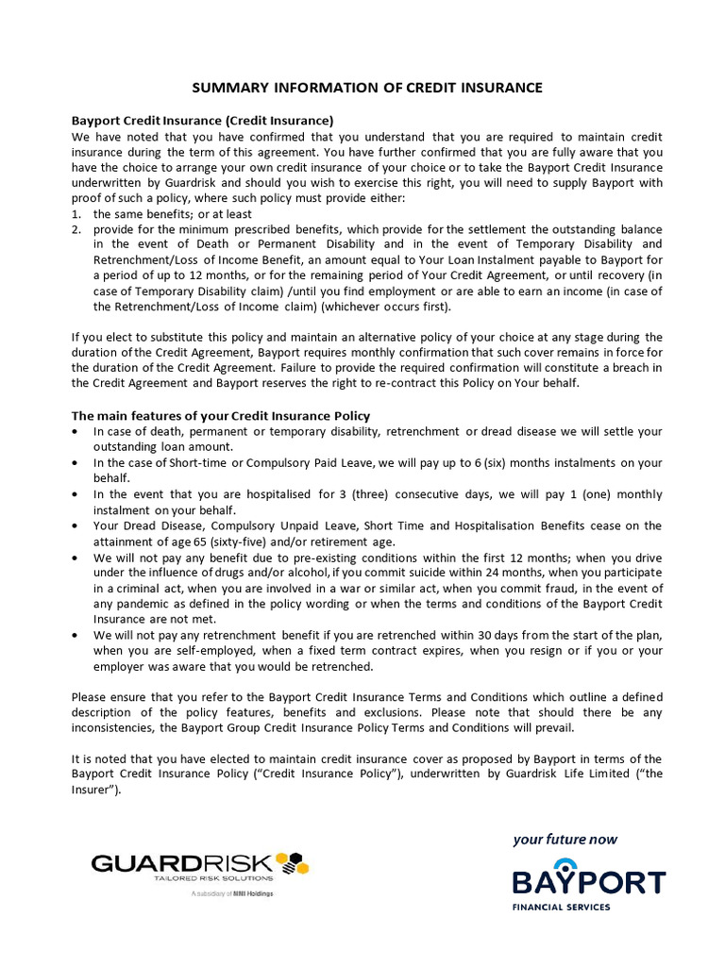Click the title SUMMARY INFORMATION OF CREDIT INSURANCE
[x=367, y=88]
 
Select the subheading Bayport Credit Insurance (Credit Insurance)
[x=202, y=121]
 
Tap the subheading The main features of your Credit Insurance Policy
[x=221, y=416]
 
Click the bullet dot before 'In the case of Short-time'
[x=76, y=463]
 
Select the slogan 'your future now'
[x=565, y=840]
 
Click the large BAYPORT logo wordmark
[x=589, y=881]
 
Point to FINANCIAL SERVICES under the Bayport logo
[x=561, y=908]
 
